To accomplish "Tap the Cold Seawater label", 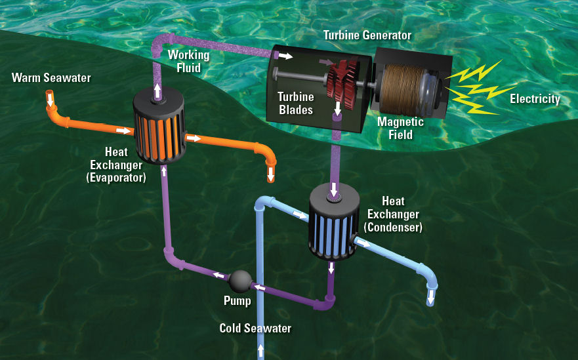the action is tap(255, 328).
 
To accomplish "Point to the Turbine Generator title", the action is tap(366, 35).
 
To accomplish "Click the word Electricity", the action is tap(535, 100).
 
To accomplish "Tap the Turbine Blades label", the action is tap(295, 104).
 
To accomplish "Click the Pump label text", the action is tap(237, 301).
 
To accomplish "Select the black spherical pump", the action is tap(239, 281).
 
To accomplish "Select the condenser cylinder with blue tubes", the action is tap(332, 223).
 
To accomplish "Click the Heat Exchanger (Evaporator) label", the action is tap(116, 164).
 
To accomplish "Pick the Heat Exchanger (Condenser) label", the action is tap(394, 214).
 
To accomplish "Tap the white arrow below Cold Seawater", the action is tap(260, 351).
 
